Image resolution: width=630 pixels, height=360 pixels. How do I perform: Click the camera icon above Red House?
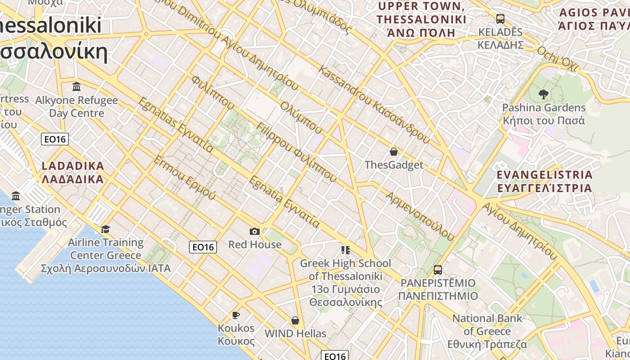tap(255, 231)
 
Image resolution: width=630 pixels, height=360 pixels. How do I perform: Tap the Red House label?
tap(255, 244)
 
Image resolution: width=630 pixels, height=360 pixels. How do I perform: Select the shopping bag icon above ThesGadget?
tap(394, 152)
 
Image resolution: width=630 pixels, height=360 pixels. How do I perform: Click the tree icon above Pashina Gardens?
tap(543, 94)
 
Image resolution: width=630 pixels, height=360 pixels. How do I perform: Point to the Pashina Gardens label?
tap(544, 114)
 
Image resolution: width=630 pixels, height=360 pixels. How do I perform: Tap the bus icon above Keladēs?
tap(500, 19)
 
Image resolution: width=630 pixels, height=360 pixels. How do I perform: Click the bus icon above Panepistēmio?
tap(437, 270)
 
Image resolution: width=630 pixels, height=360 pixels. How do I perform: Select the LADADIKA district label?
tap(72, 172)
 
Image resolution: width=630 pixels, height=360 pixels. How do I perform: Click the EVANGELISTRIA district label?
tap(544, 181)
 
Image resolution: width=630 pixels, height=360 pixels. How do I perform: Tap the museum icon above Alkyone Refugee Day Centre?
tap(76, 86)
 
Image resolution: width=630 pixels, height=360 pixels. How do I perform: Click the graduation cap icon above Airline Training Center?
tap(105, 229)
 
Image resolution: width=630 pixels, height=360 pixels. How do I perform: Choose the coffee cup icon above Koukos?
tap(235, 315)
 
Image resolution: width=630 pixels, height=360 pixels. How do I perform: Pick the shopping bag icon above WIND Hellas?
tap(295, 320)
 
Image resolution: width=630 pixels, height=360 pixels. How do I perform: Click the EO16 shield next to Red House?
tap(203, 247)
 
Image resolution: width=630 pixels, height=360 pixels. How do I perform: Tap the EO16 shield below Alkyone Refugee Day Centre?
tap(55, 139)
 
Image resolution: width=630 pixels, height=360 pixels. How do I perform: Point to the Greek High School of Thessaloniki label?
tap(346, 282)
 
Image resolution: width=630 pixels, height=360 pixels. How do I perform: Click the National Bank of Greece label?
tap(487, 331)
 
